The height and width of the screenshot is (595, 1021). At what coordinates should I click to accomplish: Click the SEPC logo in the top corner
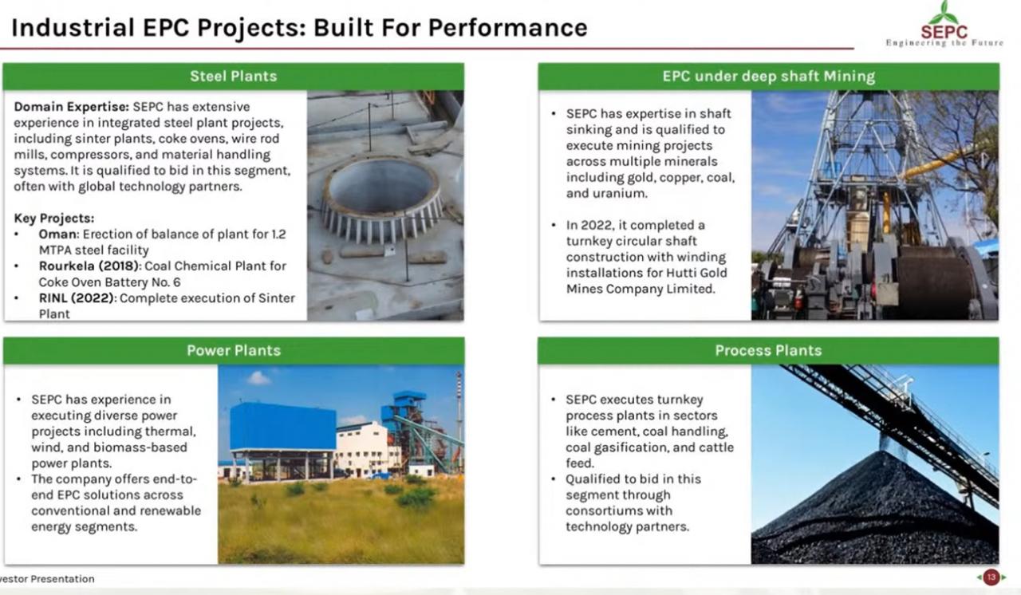(x=944, y=24)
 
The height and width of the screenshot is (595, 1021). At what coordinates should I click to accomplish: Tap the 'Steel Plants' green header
(x=234, y=76)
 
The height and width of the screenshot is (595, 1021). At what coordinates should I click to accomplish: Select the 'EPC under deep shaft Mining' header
(x=768, y=76)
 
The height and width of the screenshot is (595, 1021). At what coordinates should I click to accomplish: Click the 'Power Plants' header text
(x=234, y=350)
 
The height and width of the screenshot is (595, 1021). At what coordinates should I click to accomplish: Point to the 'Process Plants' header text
(x=768, y=350)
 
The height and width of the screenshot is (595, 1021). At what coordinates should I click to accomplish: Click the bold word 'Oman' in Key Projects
(x=58, y=234)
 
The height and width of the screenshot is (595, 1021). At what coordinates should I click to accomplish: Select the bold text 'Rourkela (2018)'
(x=89, y=266)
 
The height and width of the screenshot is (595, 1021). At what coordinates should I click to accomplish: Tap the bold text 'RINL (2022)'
(x=76, y=298)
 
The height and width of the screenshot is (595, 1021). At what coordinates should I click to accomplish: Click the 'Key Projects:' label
(x=54, y=219)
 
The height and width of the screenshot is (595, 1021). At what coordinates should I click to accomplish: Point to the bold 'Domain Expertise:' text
(x=72, y=107)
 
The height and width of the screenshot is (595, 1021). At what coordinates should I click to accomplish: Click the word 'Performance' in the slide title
(x=508, y=28)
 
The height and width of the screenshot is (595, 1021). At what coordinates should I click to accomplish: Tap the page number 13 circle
(x=991, y=577)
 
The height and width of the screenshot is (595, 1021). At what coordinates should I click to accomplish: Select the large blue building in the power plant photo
(x=282, y=427)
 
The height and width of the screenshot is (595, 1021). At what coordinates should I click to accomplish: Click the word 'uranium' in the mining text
(x=620, y=194)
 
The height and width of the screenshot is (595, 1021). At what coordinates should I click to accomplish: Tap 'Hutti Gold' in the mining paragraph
(x=696, y=273)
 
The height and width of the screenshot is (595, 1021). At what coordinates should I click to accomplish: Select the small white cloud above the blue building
(x=258, y=378)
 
